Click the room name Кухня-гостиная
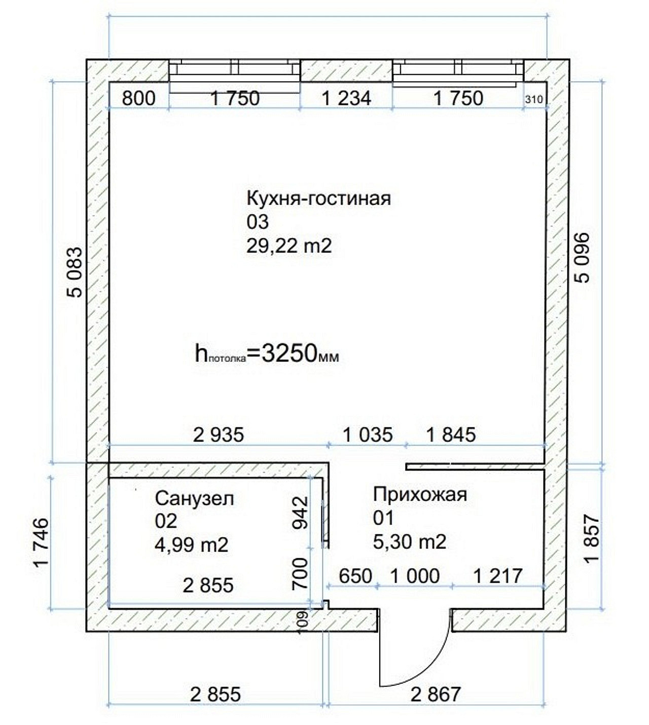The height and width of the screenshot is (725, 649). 318,199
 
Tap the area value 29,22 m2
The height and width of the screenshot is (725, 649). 289,246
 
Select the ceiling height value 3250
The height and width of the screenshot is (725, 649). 289,353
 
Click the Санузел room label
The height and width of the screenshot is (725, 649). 194,498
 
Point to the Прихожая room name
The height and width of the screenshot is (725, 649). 420,495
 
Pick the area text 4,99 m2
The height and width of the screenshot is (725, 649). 192,545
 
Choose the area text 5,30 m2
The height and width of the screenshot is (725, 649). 410,542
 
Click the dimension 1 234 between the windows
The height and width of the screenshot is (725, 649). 346,98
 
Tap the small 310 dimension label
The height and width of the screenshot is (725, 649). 534,99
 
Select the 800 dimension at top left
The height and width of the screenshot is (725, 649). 139,98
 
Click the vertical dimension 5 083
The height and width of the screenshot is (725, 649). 75,272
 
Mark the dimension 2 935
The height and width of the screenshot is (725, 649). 219,435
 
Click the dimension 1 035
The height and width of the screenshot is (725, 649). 368,435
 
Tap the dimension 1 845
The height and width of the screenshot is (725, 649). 451,435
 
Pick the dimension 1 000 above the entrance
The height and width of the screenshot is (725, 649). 415,576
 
